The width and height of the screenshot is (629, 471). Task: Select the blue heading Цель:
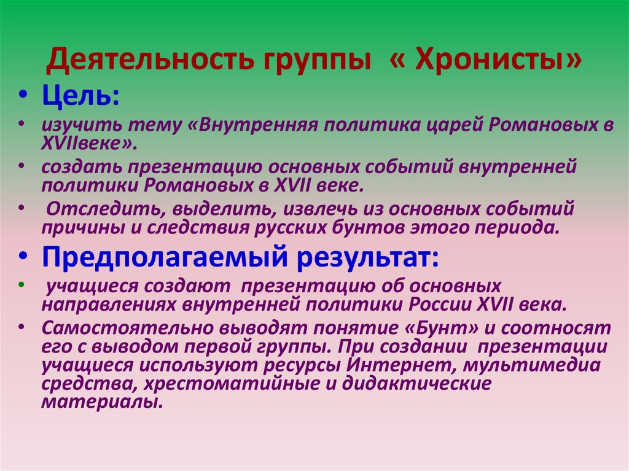click(80, 96)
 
